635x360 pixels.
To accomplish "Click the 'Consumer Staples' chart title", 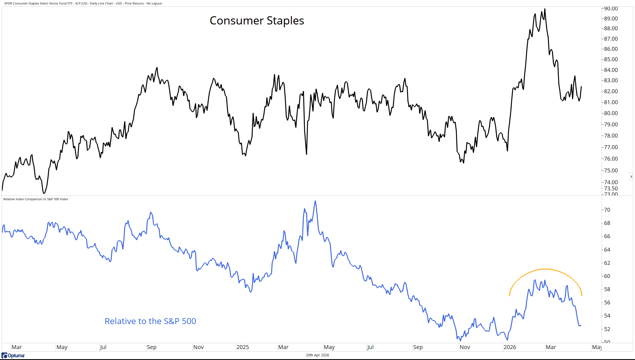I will pos(257,21).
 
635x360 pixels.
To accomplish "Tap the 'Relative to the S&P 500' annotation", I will pos(150,321).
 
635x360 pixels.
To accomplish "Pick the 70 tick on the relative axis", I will pos(607,210).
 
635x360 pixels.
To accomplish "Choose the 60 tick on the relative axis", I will pos(607,276).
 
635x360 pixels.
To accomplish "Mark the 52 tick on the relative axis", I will pos(607,329).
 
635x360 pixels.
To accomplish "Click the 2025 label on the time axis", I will pos(242,347).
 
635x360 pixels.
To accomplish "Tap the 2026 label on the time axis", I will pos(510,347).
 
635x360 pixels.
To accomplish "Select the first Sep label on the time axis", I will pos(151,347).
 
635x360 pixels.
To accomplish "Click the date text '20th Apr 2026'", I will pos(317,355).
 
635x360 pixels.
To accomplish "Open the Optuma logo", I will pos(13,356).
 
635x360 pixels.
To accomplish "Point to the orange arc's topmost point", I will pos(545,269).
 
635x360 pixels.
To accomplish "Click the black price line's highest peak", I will pos(545,9).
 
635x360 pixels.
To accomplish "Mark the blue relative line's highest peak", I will pos(315,201).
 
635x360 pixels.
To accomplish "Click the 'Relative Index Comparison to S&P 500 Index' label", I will pos(36,199).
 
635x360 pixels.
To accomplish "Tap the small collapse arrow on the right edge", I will pos(631,177).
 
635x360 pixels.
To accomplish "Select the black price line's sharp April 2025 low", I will pos(306,154).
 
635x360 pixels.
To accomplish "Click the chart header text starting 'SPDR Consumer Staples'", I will pos(83,3).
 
